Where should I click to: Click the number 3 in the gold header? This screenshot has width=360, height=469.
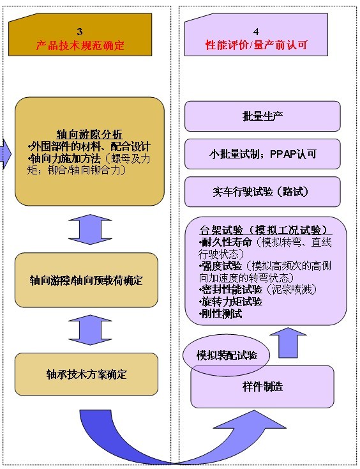(80, 32)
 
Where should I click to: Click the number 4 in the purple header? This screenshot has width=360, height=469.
(256, 32)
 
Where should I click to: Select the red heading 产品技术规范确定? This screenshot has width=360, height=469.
(80, 45)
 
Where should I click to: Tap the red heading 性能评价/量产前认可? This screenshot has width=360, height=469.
(257, 45)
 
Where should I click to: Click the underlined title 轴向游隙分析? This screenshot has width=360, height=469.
(89, 134)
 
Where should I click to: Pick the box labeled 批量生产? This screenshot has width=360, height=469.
(262, 116)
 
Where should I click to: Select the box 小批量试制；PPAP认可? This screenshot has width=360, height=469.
(262, 154)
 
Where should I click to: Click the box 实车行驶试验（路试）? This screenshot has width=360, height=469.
(262, 192)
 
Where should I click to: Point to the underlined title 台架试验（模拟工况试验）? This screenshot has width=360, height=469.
(266, 230)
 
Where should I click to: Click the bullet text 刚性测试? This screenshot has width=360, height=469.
(221, 314)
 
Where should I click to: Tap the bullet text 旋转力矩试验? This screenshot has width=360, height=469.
(231, 302)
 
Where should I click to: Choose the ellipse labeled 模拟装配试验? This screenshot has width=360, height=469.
(226, 355)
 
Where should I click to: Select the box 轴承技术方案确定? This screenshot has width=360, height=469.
(86, 374)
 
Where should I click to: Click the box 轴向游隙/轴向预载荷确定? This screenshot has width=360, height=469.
(86, 281)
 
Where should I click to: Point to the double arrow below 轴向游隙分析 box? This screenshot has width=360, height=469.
(90, 229)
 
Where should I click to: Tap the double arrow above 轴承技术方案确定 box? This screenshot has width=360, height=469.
(90, 330)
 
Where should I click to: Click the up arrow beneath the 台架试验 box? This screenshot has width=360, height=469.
(288, 342)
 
